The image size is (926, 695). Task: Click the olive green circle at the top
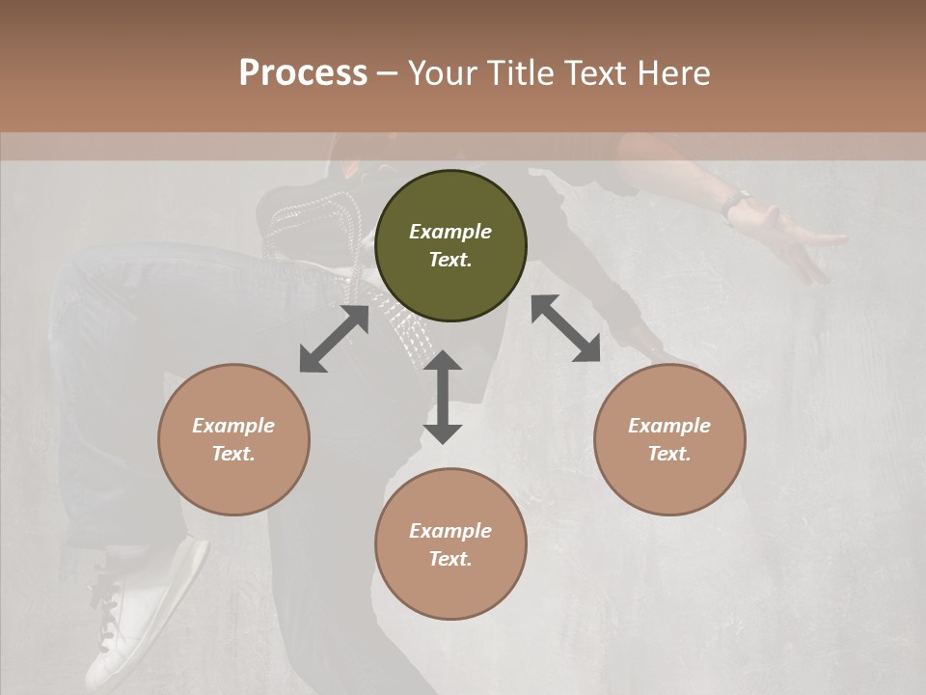point(450,246)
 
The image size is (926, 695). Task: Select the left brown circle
point(233,439)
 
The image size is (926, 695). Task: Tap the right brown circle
point(669,439)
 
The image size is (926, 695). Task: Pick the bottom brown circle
point(450,544)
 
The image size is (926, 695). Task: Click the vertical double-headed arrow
point(443,397)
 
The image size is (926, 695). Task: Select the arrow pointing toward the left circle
point(334,339)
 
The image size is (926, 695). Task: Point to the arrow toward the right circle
point(566,328)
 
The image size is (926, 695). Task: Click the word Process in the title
point(303,72)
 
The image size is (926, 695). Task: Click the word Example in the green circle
point(450,232)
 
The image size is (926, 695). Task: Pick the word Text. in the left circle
point(233,454)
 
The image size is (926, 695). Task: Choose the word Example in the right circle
point(669,426)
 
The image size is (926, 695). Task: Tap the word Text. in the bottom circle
point(450,559)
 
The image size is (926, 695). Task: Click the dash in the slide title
point(388,73)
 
